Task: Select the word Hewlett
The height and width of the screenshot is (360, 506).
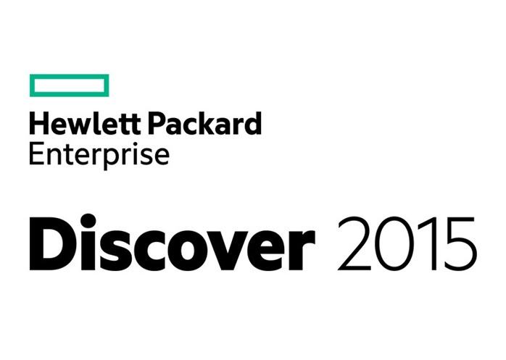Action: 85,123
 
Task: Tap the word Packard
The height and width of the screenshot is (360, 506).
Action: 204,123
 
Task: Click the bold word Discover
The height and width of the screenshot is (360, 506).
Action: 173,242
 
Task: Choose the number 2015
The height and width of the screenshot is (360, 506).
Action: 407,243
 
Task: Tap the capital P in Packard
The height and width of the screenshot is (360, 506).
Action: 157,123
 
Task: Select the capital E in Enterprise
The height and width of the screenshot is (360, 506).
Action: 36,154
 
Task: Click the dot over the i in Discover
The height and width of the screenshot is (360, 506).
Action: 88,221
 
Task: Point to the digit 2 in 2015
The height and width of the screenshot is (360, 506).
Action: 354,243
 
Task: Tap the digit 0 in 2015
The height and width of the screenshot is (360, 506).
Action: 395,243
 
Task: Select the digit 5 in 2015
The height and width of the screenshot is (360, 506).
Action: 460,244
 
